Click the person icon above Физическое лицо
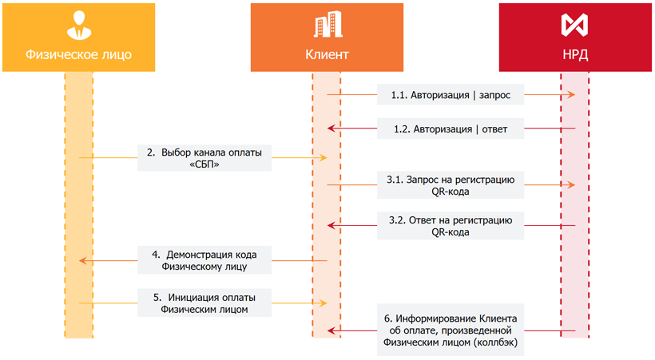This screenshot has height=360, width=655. (x=79, y=25)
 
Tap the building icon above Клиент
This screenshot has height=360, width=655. (x=328, y=24)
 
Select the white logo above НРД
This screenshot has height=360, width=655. (x=574, y=25)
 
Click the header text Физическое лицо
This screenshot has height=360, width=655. (x=78, y=54)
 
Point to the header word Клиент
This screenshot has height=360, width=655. (x=327, y=54)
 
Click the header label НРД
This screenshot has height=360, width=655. (x=575, y=54)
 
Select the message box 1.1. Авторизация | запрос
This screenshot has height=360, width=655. (x=451, y=95)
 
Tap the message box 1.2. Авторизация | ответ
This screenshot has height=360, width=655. (x=451, y=129)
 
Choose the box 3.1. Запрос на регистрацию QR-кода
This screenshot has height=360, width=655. (x=451, y=185)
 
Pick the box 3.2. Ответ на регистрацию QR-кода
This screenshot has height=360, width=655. (x=451, y=226)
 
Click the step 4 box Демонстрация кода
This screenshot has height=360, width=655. (x=204, y=260)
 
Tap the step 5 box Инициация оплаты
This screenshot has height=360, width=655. (x=204, y=303)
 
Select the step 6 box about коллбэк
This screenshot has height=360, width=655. (x=451, y=330)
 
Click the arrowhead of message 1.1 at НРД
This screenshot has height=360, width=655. (x=571, y=95)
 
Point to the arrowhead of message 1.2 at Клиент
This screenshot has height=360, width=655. (x=331, y=129)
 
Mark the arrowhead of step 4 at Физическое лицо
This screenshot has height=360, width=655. (x=83, y=260)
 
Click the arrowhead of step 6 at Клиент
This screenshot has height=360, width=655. (x=331, y=330)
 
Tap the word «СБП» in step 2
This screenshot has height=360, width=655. (x=204, y=164)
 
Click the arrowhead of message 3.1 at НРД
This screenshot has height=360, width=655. (x=571, y=184)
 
